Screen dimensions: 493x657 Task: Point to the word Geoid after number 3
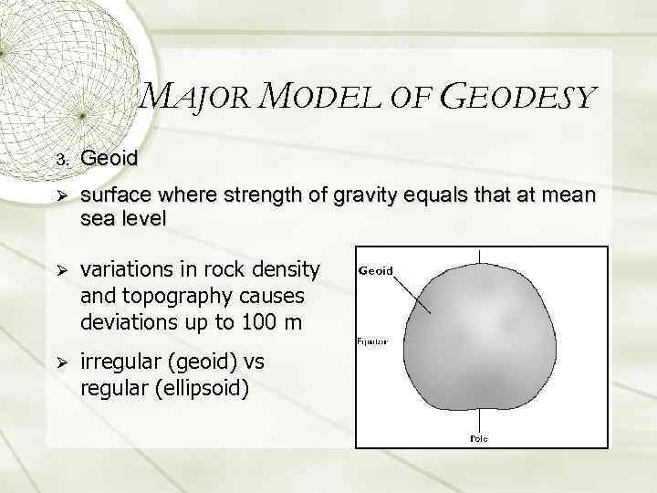tap(109, 158)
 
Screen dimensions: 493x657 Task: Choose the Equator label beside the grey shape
tap(372, 342)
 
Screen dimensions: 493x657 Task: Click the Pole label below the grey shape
tap(478, 438)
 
